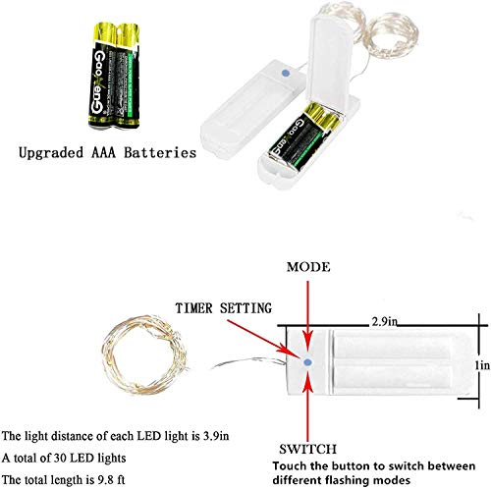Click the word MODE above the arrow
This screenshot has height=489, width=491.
(x=308, y=267)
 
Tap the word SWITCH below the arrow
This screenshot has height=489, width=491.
(x=307, y=449)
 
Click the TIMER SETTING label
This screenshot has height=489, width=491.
(x=224, y=308)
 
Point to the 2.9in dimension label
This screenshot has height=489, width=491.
(x=384, y=322)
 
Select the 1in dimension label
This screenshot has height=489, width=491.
(x=482, y=365)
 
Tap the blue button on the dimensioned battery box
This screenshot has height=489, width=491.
(x=307, y=362)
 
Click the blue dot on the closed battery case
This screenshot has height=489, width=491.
(x=285, y=74)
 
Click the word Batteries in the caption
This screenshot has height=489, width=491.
(x=160, y=153)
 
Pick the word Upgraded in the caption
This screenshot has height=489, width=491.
(x=51, y=153)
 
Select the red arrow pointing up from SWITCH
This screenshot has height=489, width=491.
(x=307, y=407)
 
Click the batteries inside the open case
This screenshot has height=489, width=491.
(x=303, y=136)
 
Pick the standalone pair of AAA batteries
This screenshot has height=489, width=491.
(x=115, y=76)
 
